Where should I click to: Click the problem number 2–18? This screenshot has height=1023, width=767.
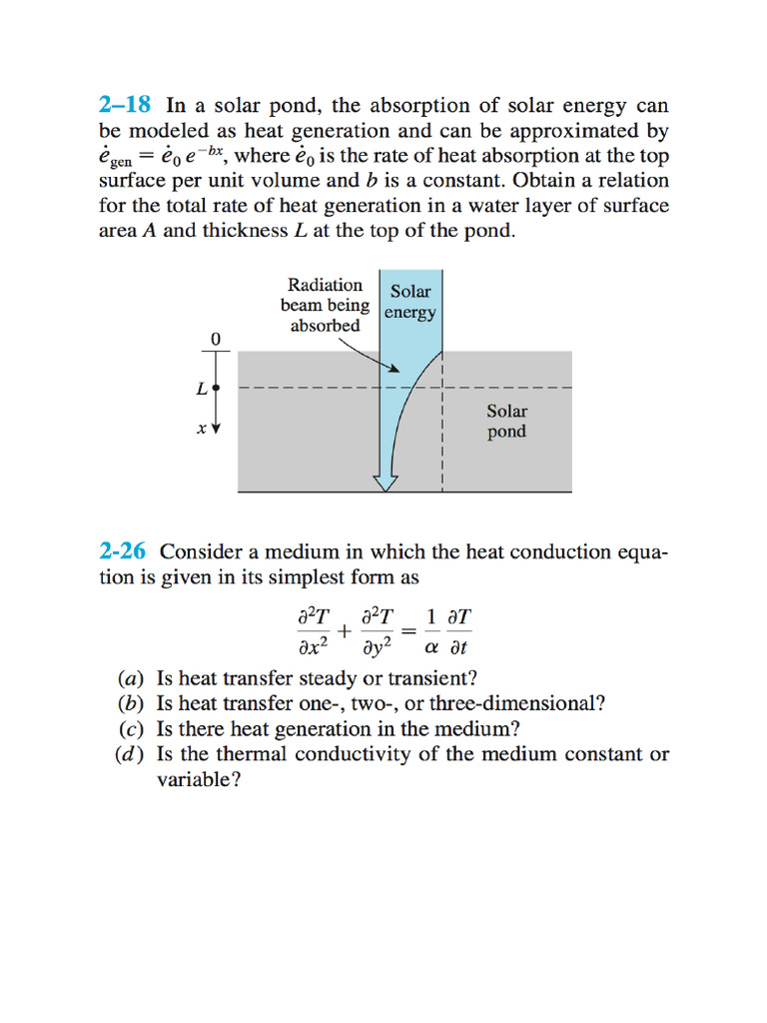pyautogui.click(x=127, y=106)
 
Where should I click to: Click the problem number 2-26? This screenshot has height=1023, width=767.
pyautogui.click(x=125, y=551)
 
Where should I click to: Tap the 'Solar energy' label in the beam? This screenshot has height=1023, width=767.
pyautogui.click(x=410, y=302)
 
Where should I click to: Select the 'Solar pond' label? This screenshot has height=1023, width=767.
pyautogui.click(x=506, y=421)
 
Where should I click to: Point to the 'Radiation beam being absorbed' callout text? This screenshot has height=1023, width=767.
pyautogui.click(x=325, y=305)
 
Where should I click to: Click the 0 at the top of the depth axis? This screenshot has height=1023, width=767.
pyautogui.click(x=215, y=340)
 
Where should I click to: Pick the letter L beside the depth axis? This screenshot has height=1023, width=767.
pyautogui.click(x=202, y=389)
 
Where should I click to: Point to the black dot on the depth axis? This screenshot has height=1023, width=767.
pyautogui.click(x=217, y=388)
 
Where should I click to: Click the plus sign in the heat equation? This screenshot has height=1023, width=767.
pyautogui.click(x=345, y=631)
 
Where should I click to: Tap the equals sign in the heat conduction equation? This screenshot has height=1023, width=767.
pyautogui.click(x=408, y=631)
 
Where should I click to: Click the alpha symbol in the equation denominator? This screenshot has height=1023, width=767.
pyautogui.click(x=431, y=646)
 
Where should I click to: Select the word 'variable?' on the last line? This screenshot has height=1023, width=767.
pyautogui.click(x=199, y=780)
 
